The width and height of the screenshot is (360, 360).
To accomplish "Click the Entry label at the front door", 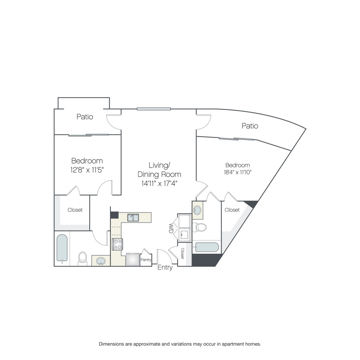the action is (165, 268).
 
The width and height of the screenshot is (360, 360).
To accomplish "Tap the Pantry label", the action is (146, 260).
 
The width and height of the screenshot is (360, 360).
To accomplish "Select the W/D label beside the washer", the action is (171, 228).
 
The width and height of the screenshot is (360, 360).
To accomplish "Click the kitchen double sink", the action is (133, 218).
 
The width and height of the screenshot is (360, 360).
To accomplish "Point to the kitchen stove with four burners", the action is (118, 244).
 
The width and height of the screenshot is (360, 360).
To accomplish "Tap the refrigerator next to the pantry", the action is (133, 260).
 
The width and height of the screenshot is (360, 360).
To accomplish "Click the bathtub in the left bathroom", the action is (62, 248).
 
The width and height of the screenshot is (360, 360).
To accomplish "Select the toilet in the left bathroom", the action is (83, 259).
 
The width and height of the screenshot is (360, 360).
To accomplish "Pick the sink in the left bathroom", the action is (100, 261).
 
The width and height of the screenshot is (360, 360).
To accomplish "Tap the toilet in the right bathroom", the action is (200, 227).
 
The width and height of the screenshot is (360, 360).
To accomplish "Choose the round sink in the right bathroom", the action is (197, 210).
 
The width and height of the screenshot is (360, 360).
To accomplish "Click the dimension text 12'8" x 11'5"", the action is (87, 170).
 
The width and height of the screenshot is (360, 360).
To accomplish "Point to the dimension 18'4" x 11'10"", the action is (238, 172).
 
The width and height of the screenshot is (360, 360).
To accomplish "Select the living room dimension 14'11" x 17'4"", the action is (160, 184).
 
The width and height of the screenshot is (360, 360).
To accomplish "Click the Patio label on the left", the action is (85, 117).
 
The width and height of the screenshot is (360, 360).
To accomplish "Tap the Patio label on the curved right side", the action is (250, 126).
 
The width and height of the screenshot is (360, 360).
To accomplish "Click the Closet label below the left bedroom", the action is (75, 210).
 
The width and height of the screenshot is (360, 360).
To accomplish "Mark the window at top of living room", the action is (154, 109).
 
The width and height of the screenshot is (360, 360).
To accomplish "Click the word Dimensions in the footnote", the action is (111, 344).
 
